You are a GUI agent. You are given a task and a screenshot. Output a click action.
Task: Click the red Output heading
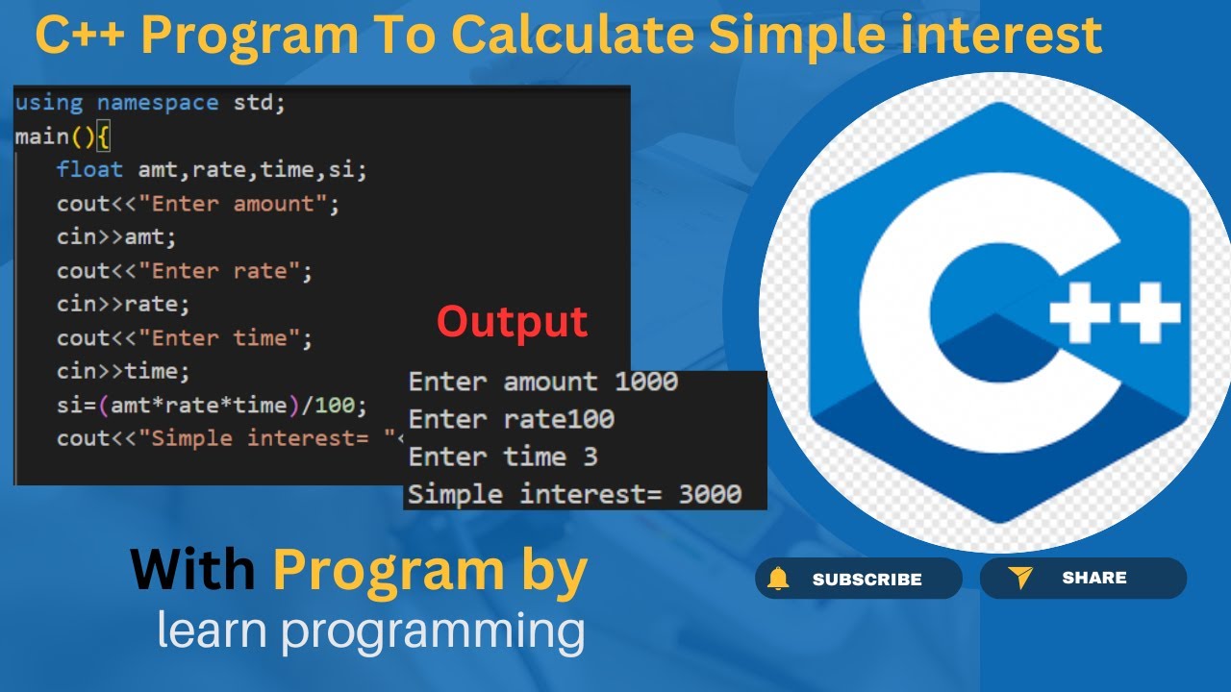tap(513, 322)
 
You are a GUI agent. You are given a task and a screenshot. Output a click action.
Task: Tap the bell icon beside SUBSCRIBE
tap(778, 579)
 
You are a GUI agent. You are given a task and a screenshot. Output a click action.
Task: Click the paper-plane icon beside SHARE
tap(1020, 578)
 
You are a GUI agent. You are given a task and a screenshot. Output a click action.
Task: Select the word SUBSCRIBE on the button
tap(867, 579)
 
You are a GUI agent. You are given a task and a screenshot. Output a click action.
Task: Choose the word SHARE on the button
tap(1094, 578)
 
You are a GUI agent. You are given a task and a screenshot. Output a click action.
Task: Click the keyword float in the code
tap(89, 169)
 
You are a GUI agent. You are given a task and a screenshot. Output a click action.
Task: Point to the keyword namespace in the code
tap(158, 102)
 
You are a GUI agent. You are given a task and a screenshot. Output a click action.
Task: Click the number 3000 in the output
tap(710, 494)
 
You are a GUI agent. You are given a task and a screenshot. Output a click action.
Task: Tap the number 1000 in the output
tap(646, 382)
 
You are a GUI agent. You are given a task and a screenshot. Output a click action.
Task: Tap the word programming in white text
tap(433, 631)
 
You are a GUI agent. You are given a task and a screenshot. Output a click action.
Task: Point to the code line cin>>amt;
tap(116, 236)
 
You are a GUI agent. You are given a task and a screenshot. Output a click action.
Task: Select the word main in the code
tap(42, 136)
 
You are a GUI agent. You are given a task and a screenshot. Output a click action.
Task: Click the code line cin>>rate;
tap(123, 304)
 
